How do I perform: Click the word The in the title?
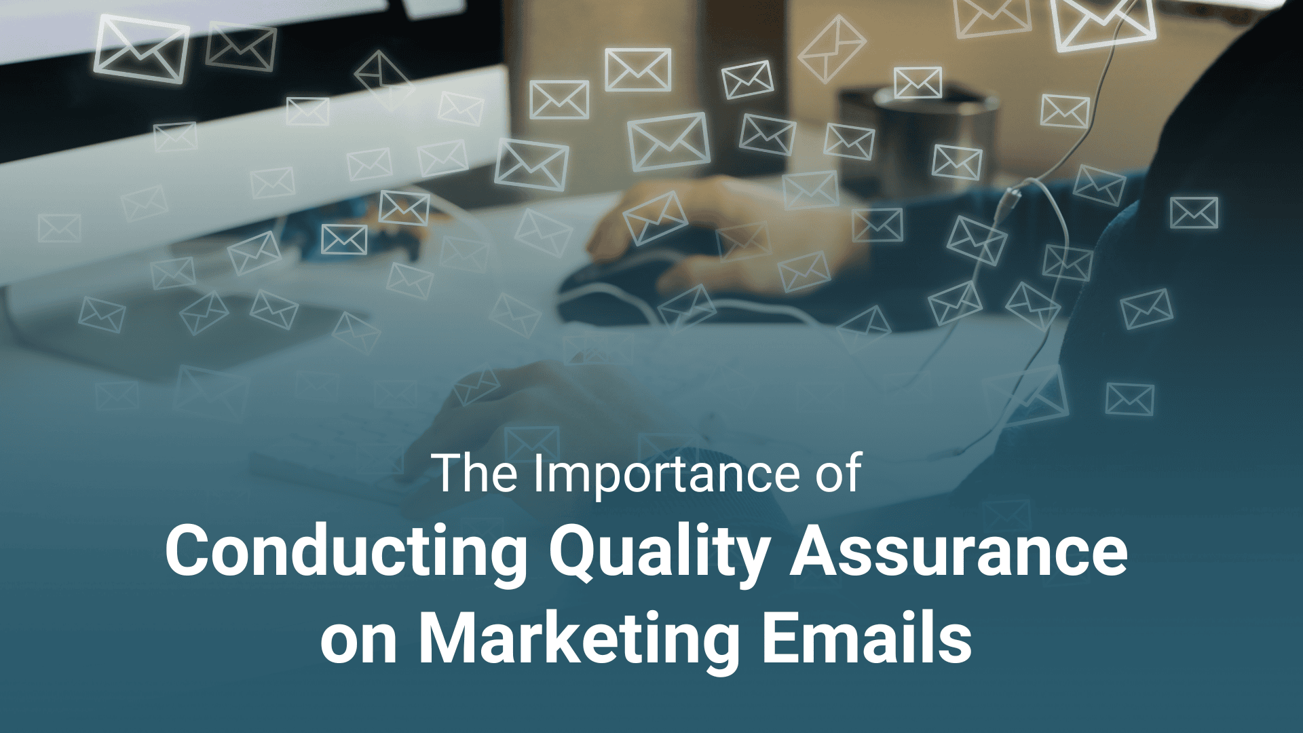pyautogui.click(x=474, y=473)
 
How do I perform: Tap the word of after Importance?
pyautogui.click(x=839, y=473)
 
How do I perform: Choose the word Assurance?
pyautogui.click(x=958, y=551)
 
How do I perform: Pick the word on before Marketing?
pyautogui.click(x=358, y=640)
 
